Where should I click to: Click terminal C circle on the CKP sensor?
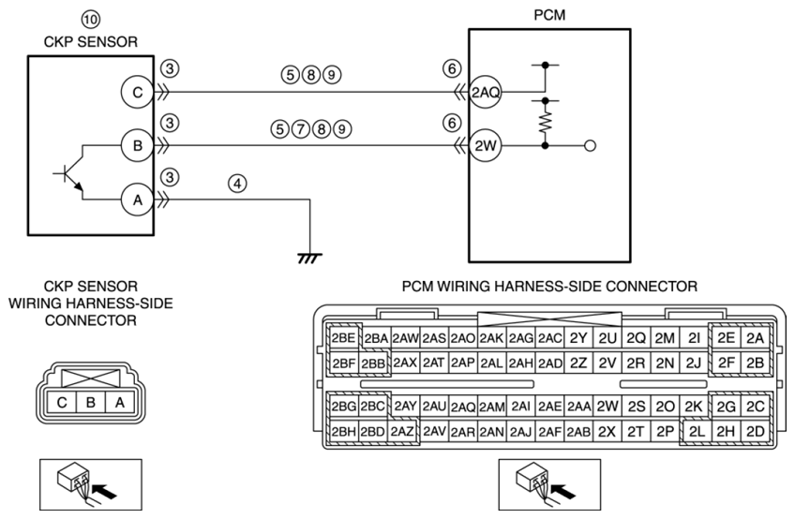(138, 92)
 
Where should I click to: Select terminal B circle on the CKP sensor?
(138, 146)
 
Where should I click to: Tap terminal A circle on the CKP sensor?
(138, 200)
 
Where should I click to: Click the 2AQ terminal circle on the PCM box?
(486, 92)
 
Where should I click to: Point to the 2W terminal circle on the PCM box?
(486, 146)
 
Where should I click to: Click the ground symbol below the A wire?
(309, 259)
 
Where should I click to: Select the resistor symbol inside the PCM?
(545, 123)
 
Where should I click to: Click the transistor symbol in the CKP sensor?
(70, 178)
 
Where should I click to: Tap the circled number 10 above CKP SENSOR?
(91, 20)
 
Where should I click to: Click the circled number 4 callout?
(237, 184)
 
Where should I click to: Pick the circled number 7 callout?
(301, 129)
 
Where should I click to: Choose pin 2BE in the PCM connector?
(343, 338)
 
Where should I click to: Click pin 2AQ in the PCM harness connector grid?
(463, 407)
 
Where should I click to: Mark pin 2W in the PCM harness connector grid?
(607, 406)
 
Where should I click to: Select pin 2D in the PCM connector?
(755, 431)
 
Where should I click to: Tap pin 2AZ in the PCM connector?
(402, 432)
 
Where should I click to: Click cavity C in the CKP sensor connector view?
(61, 403)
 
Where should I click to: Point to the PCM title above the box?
(549, 15)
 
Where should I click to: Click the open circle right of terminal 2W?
(590, 146)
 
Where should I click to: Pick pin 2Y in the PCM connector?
(578, 338)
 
